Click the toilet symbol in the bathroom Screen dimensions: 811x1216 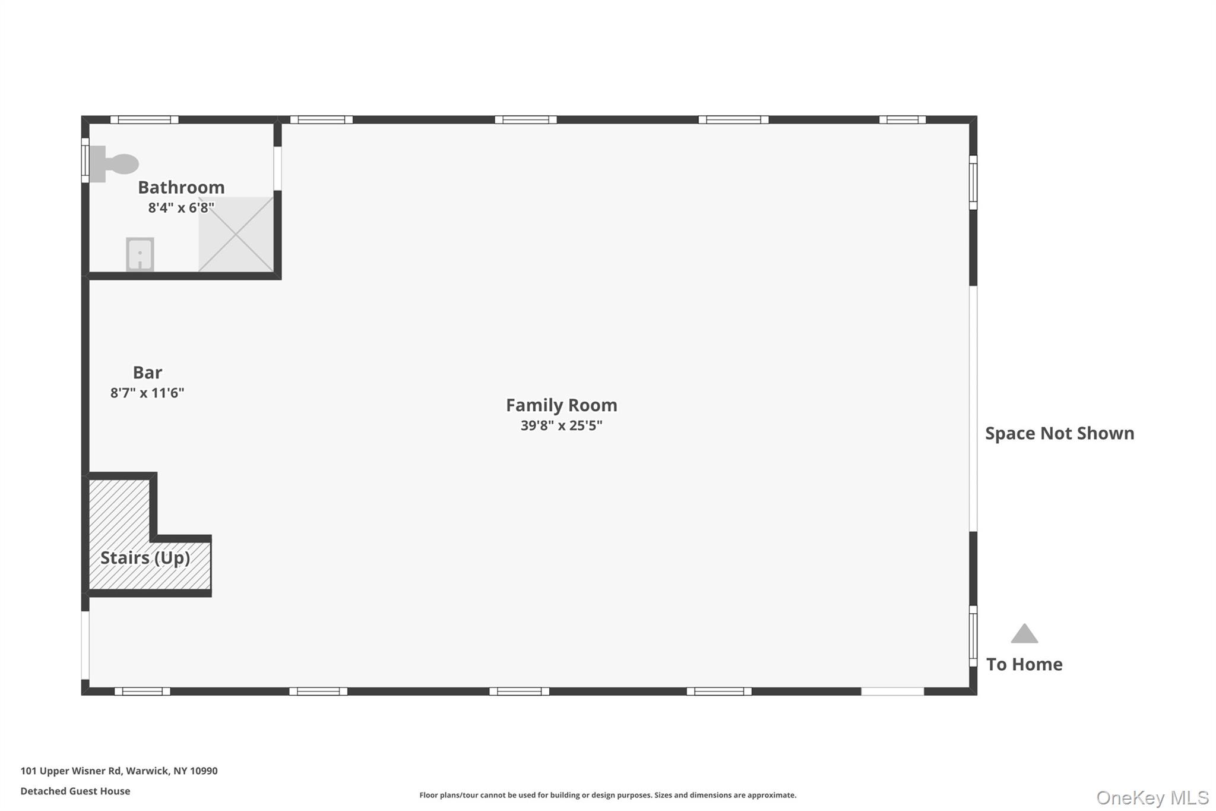(115, 164)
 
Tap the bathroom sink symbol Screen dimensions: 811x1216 (140, 254)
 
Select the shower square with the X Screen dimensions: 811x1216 (236, 234)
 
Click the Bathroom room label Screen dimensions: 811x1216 (181, 187)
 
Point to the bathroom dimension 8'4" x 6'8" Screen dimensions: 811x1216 (181, 207)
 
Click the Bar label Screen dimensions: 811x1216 (147, 373)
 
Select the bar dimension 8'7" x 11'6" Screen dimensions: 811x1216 (147, 393)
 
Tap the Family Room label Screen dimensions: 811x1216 (561, 405)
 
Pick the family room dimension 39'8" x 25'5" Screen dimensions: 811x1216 (561, 425)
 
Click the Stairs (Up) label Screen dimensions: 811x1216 (145, 558)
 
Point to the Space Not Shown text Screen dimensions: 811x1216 (1059, 433)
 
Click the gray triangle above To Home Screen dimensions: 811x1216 (1024, 635)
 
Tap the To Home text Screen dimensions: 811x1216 (1024, 664)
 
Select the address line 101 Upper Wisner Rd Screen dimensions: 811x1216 (119, 771)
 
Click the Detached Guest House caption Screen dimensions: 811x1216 (75, 791)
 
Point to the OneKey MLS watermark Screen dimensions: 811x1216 (1152, 797)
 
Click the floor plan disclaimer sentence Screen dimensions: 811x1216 (607, 795)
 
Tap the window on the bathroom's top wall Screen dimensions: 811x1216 (144, 120)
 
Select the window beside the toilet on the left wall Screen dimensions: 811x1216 (85, 160)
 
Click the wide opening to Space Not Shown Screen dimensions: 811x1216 (973, 409)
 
